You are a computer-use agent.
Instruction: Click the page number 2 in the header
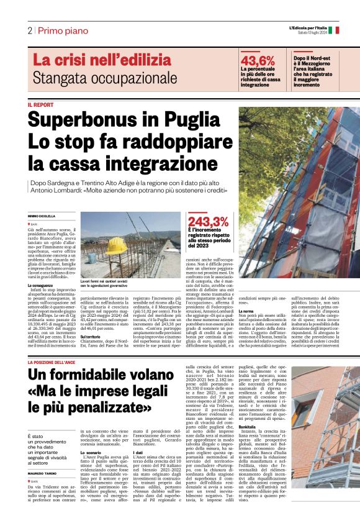click(29, 30)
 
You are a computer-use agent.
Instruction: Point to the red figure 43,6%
click(258, 60)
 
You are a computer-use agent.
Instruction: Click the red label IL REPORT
click(40, 105)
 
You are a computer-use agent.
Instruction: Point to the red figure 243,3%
click(209, 222)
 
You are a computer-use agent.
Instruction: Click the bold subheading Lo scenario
click(91, 453)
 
